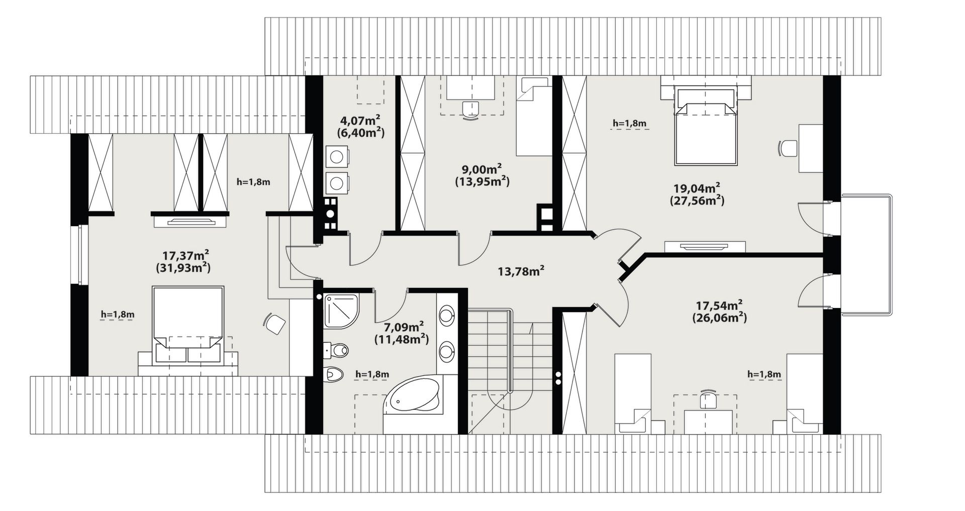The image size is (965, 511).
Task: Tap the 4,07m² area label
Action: (360, 121)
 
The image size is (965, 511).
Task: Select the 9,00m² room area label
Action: (482, 169)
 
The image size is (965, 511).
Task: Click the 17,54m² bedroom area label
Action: (719, 305)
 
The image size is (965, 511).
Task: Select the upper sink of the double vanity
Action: (446, 317)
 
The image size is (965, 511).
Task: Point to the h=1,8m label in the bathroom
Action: (372, 374)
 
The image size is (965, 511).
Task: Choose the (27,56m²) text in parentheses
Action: (697, 200)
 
